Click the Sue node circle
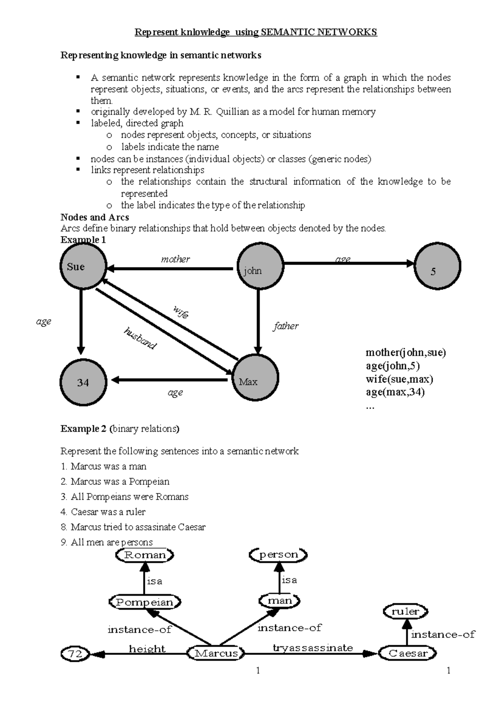click(x=83, y=266)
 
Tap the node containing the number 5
click(x=438, y=266)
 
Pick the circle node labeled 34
click(x=83, y=382)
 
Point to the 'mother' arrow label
click(x=175, y=259)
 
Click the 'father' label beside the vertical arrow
click(x=286, y=326)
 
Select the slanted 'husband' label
click(x=140, y=338)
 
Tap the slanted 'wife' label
click(x=181, y=312)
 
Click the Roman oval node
click(x=145, y=555)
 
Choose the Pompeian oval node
click(x=145, y=602)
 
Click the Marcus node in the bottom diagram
click(x=216, y=653)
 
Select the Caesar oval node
click(x=407, y=653)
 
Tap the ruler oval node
click(x=405, y=612)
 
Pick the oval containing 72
click(x=75, y=653)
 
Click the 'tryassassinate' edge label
click(x=312, y=648)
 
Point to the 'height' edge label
click(x=147, y=648)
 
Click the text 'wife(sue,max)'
click(x=399, y=379)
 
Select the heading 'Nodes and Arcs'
click(x=95, y=217)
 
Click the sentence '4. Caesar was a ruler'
click(x=103, y=512)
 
